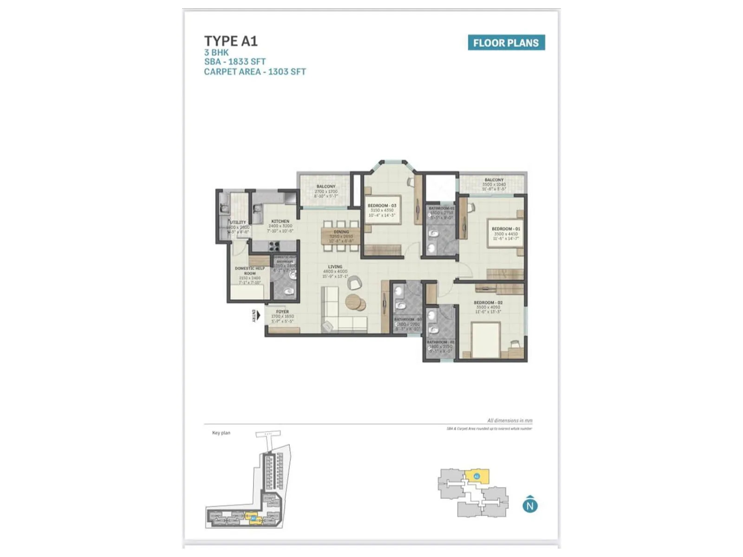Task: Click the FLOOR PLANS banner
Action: pos(506,43)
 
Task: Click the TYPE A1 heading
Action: pos(231,41)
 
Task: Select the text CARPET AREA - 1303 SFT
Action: pos(255,71)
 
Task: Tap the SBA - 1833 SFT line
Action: pos(235,61)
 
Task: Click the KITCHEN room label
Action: pos(280,221)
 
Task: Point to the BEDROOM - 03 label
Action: pos(382,206)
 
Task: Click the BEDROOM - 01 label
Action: pos(506,229)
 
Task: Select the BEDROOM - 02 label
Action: pos(488,303)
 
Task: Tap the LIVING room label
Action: pos(335,267)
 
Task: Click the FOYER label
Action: pos(282,312)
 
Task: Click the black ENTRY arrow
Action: pos(258,316)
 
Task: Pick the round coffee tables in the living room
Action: pos(355,302)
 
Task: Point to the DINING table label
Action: pos(341,232)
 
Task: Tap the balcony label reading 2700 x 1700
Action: pos(326,191)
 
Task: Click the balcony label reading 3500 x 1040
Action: pos(494,184)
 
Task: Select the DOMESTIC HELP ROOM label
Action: pos(250,271)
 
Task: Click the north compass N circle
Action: pos(530,505)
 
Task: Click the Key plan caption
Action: pos(221,433)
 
